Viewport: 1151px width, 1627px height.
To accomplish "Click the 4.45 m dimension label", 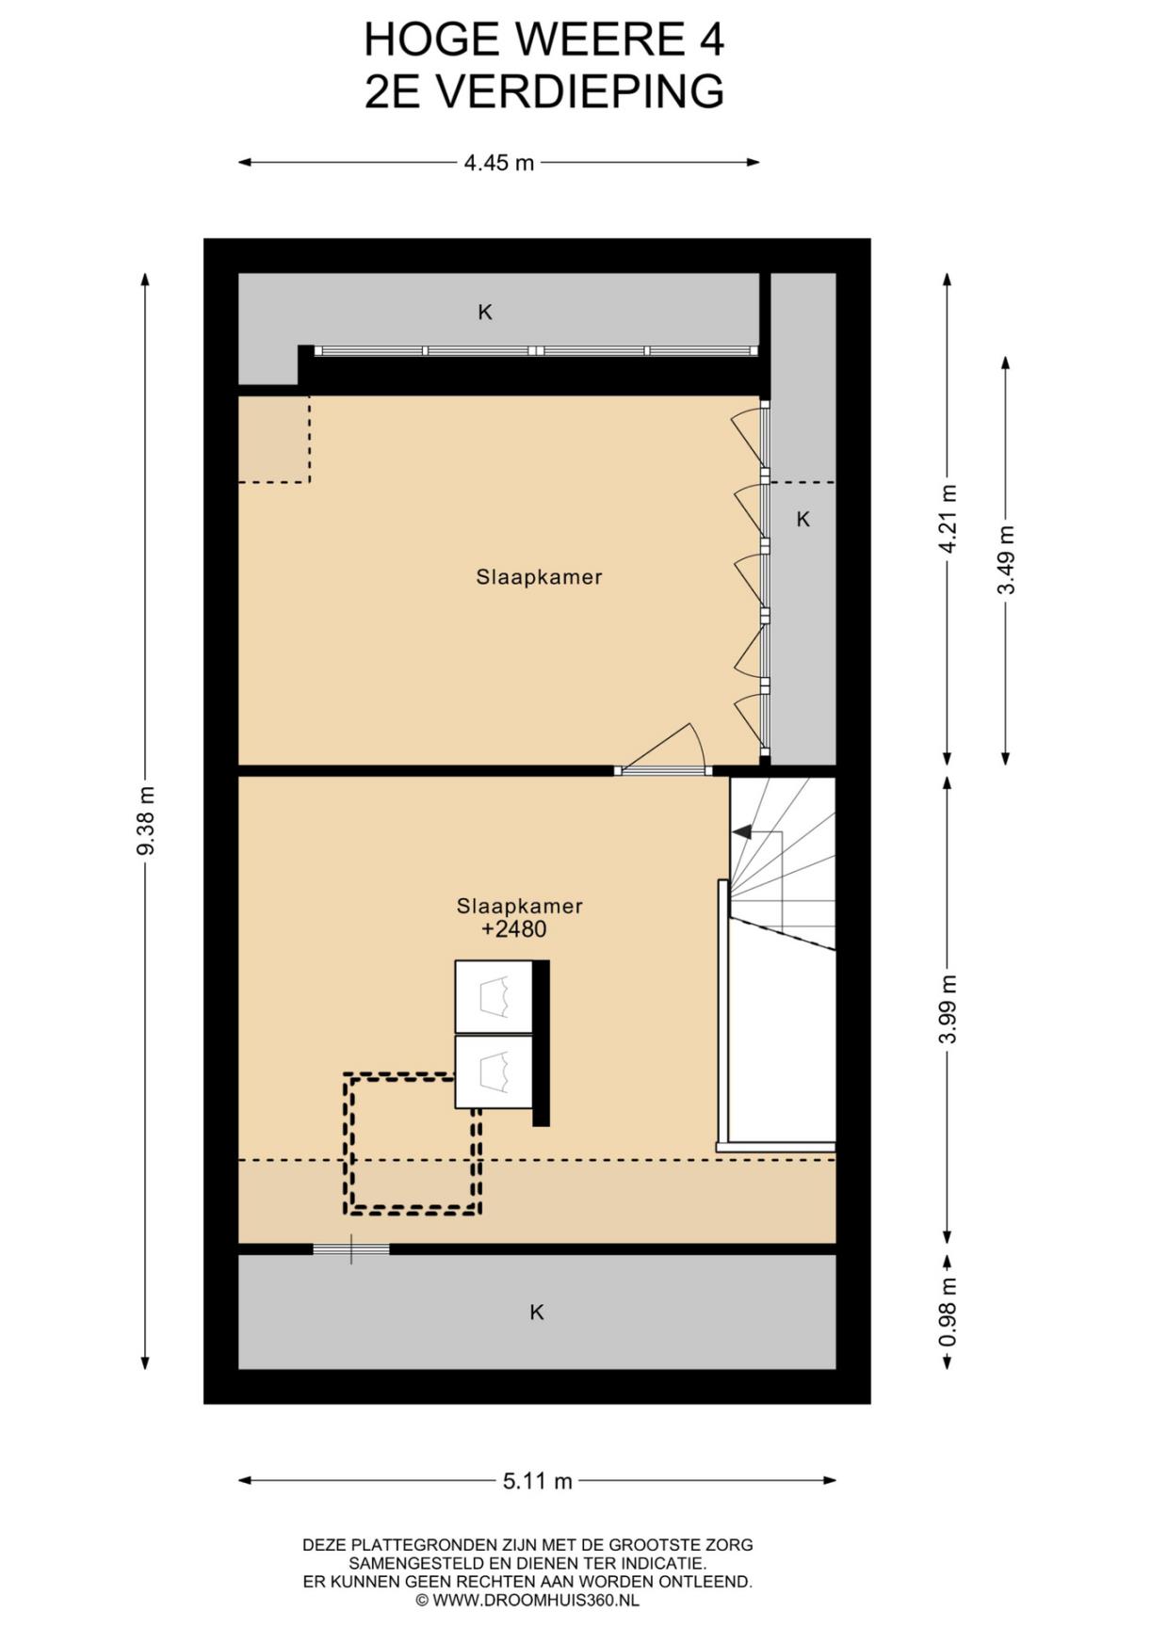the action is pos(499,163).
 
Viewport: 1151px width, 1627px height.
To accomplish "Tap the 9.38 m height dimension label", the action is pos(145,821).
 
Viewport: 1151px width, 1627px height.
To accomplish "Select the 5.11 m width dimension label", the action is pos(537,1481).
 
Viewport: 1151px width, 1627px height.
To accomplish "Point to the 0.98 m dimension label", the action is pos(948,1312).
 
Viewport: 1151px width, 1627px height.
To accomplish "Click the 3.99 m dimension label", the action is pos(948,1008).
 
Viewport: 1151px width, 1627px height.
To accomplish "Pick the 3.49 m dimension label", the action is pos(1006,559).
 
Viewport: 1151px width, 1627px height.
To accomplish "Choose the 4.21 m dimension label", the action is pos(948,520).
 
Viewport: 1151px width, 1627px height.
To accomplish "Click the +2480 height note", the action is pos(514,929).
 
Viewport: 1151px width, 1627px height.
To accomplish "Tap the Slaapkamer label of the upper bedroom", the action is pos(539,577).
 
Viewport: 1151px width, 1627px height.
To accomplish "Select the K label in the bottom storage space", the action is pos(537,1312).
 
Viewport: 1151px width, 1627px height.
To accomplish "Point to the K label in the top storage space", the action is pos(485,312).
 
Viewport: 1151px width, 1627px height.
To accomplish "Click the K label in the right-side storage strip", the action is pos(803,519).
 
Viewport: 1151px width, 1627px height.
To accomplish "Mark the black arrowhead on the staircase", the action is pos(742,832).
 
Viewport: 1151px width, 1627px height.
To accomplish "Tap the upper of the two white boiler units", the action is pos(494,997).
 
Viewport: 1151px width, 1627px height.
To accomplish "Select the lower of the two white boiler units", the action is pos(494,1072).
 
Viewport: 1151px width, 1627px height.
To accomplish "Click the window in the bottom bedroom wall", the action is pos(351,1249).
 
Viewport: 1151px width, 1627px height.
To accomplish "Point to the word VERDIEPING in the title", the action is pos(582,92).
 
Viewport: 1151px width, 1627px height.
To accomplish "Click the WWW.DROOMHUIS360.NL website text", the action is pos(536,1600).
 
